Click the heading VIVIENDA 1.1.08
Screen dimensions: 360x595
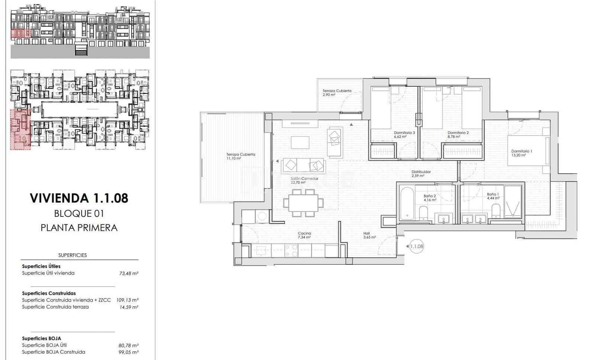79,198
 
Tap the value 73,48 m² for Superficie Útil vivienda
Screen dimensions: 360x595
128,273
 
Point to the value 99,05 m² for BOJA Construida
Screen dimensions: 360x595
128,352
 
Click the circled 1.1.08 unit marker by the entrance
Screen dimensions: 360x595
416,246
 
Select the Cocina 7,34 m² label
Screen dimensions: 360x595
304,235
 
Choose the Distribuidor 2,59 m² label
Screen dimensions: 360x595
421,174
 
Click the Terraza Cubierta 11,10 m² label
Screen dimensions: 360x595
241,156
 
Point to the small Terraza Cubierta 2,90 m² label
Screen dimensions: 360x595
337,93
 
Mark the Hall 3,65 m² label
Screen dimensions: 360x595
369,235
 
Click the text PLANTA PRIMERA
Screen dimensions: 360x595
79,228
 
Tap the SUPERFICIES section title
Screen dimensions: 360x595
73,255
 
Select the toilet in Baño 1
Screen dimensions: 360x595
496,213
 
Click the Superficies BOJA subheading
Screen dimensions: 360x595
41,338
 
